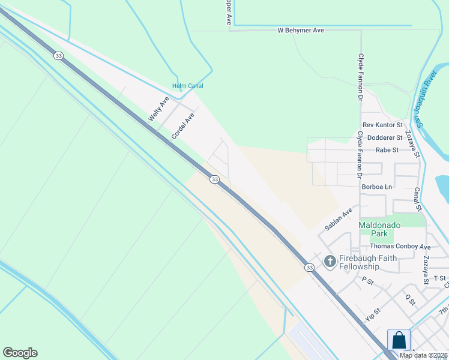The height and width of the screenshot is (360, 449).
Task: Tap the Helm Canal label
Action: pyautogui.click(x=188, y=86)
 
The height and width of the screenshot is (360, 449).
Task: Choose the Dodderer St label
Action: pyautogui.click(x=385, y=137)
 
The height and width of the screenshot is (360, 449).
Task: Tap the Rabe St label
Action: pyautogui.click(x=387, y=149)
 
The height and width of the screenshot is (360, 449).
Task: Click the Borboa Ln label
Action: pyautogui.click(x=377, y=187)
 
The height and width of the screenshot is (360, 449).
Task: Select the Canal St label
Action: pyautogui.click(x=417, y=199)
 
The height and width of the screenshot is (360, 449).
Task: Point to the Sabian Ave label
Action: pyautogui.click(x=338, y=220)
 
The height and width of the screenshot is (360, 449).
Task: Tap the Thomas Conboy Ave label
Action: pyautogui.click(x=400, y=247)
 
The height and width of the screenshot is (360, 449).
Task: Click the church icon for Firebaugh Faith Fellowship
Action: pyautogui.click(x=330, y=261)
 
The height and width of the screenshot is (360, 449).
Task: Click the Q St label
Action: pyautogui.click(x=411, y=299)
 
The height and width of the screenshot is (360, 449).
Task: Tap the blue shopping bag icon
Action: pyautogui.click(x=399, y=340)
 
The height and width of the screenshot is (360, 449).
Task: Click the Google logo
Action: pyautogui.click(x=20, y=353)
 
